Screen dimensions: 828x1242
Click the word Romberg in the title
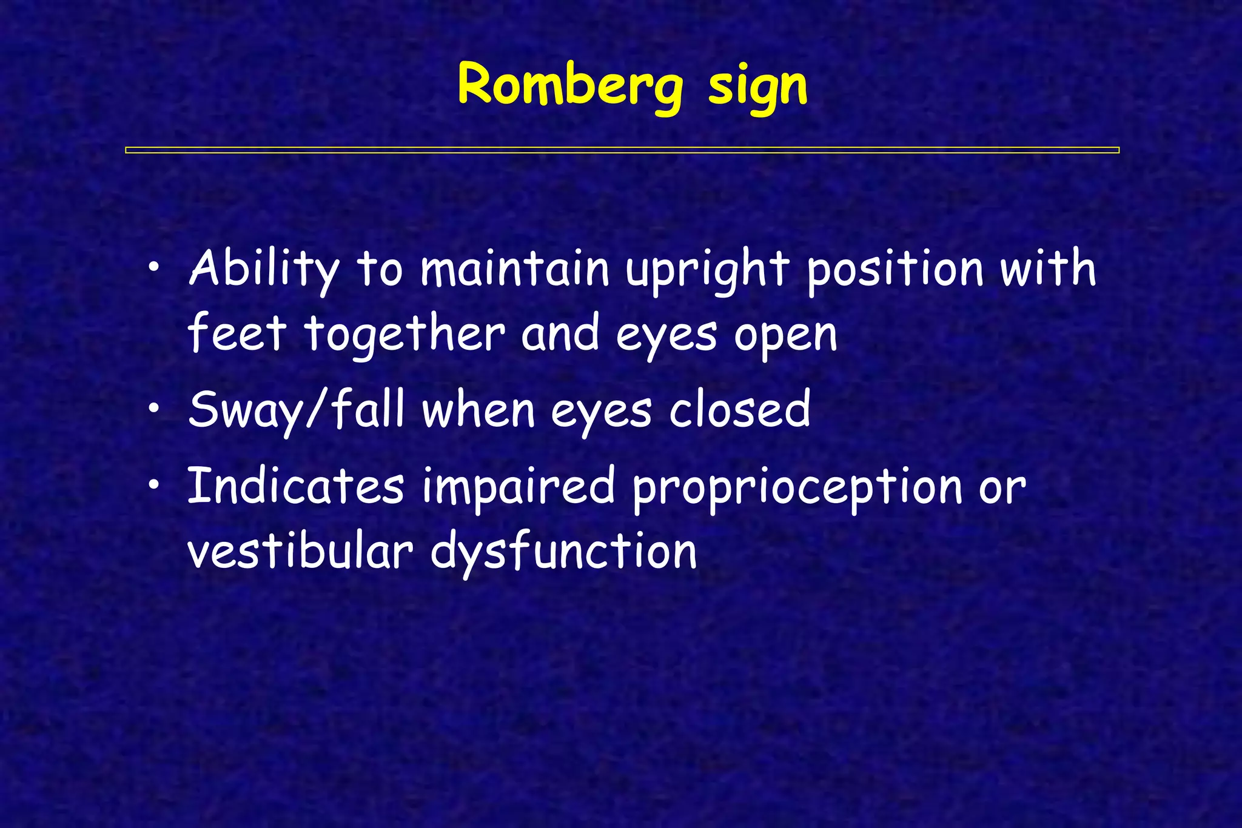coord(570,86)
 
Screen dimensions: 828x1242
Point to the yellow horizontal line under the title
coord(622,150)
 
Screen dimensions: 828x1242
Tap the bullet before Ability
coord(155,267)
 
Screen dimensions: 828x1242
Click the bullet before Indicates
coord(155,484)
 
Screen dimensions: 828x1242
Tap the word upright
coord(707,271)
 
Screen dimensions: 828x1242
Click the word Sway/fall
coord(296,411)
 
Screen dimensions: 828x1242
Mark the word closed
coord(739,410)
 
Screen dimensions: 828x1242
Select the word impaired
coord(519,488)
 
